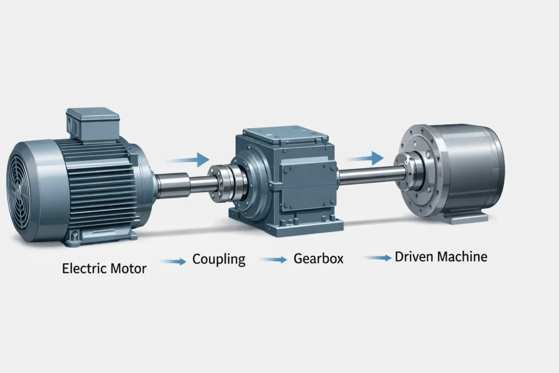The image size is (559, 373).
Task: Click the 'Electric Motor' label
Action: (104, 268)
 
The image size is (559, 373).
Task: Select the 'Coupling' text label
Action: (219, 259)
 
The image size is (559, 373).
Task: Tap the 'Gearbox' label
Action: (318, 258)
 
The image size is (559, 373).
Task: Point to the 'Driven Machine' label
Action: (441, 257)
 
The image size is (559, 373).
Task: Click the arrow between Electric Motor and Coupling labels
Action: (174, 262)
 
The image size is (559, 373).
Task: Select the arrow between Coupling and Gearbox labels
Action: (274, 260)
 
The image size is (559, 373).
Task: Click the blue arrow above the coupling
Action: (188, 160)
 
